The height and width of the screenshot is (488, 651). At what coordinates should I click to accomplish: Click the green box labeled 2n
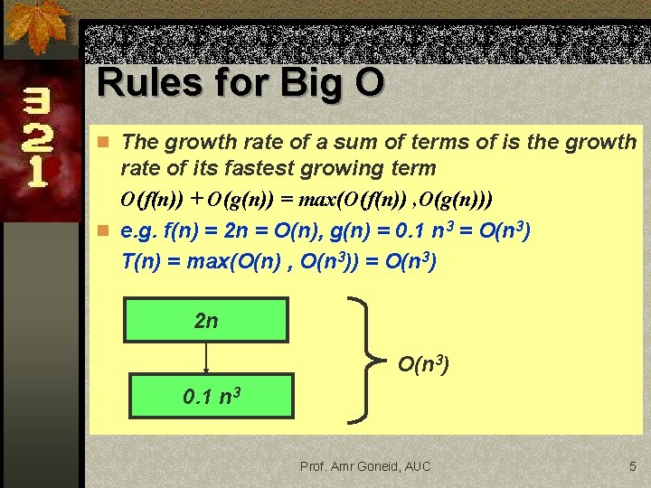206,321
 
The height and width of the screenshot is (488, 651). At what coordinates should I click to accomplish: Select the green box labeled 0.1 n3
212,396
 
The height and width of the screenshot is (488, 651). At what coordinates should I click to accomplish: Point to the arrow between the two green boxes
206,358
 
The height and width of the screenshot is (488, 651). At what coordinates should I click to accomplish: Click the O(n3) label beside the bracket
423,364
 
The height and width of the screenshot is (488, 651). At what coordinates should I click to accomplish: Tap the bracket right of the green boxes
366,358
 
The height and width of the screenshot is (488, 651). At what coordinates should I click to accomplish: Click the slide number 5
633,466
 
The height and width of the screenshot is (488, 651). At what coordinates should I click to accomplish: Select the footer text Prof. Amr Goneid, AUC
365,466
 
